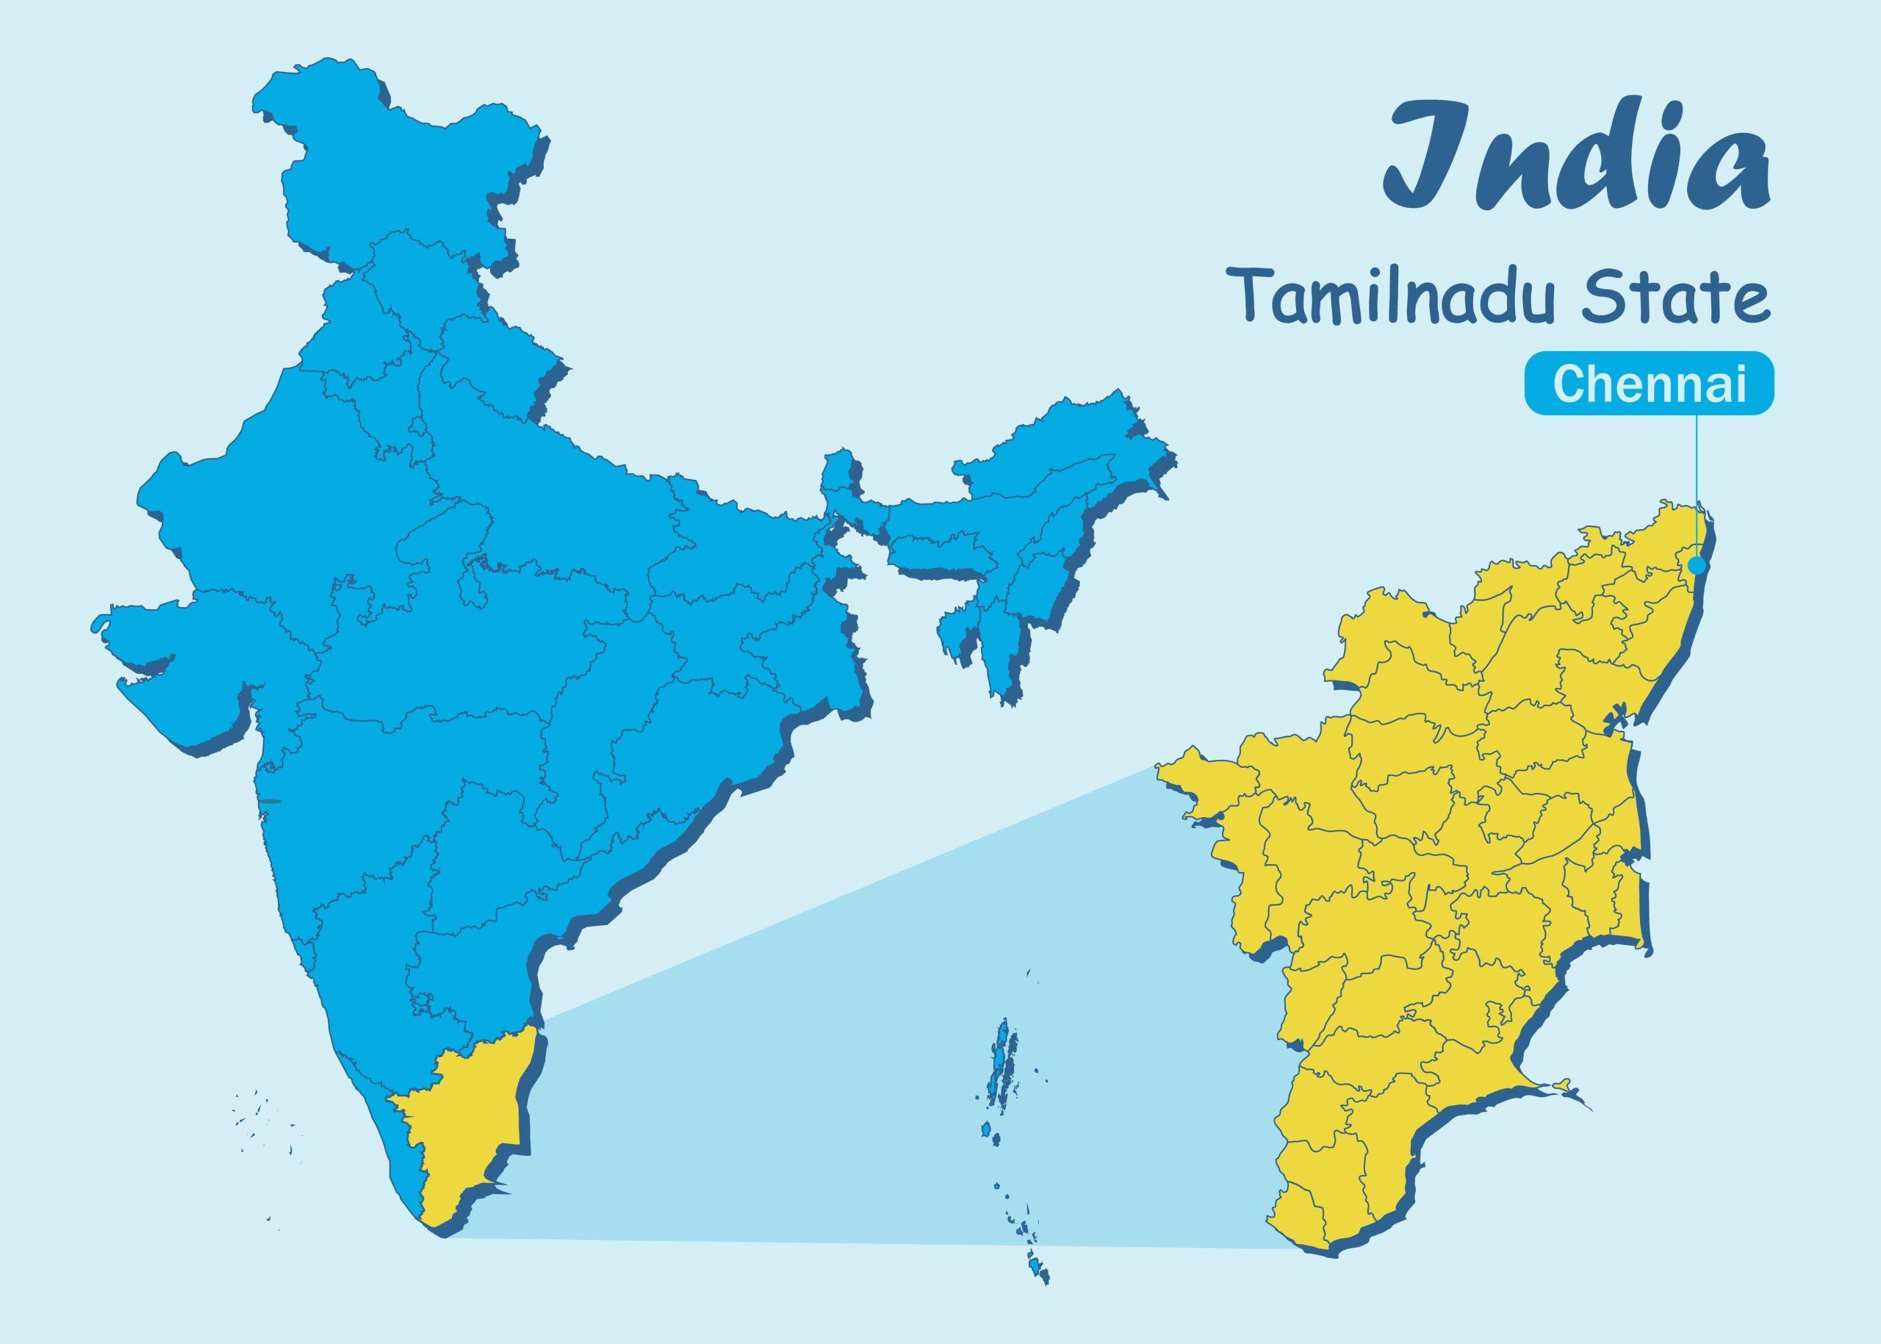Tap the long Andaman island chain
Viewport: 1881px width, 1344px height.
(1003, 1068)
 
